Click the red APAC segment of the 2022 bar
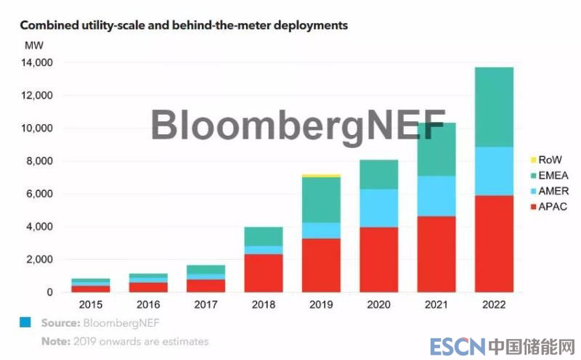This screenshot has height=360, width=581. (x=494, y=244)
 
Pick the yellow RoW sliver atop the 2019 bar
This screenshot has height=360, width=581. (x=322, y=176)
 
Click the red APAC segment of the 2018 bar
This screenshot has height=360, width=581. (x=263, y=273)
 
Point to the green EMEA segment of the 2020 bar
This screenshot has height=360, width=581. (x=379, y=174)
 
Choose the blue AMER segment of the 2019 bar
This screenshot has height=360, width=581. (x=322, y=230)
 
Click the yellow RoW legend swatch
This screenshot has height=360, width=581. (x=533, y=160)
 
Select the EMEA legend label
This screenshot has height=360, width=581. (x=554, y=175)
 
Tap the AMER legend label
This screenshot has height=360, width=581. (x=554, y=191)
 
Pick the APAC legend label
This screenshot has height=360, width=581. (x=554, y=207)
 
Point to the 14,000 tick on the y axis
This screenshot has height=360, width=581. (x=37, y=63)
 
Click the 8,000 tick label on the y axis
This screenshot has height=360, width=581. (x=40, y=161)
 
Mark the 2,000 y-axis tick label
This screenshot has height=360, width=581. (x=40, y=260)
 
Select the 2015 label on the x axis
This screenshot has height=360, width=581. (x=91, y=306)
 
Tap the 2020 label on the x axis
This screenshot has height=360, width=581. (x=379, y=306)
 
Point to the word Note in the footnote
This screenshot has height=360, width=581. (x=53, y=341)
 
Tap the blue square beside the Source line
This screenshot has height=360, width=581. (x=25, y=322)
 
